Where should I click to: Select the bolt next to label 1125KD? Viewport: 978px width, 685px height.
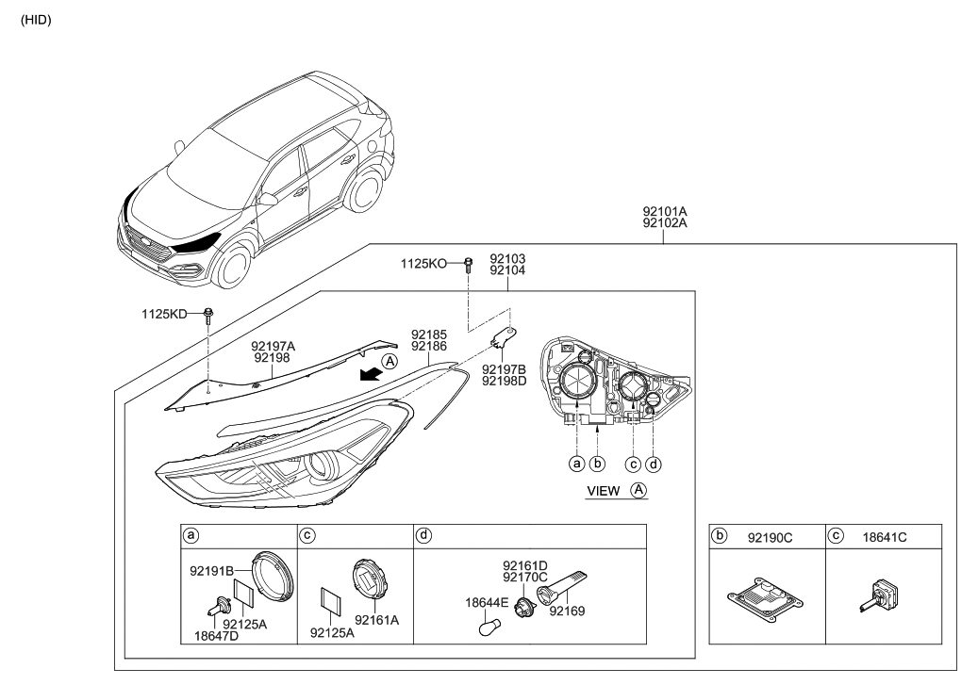pos(208,314)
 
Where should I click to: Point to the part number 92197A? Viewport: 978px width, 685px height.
pos(273,346)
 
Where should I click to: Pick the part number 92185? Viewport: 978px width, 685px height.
pos(428,334)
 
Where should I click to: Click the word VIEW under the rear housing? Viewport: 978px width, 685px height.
pos(604,491)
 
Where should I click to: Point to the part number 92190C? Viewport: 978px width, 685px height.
pos(771,537)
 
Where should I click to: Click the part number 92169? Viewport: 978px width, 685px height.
pos(567,610)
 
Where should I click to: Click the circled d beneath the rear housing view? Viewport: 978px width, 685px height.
pos(655,464)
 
